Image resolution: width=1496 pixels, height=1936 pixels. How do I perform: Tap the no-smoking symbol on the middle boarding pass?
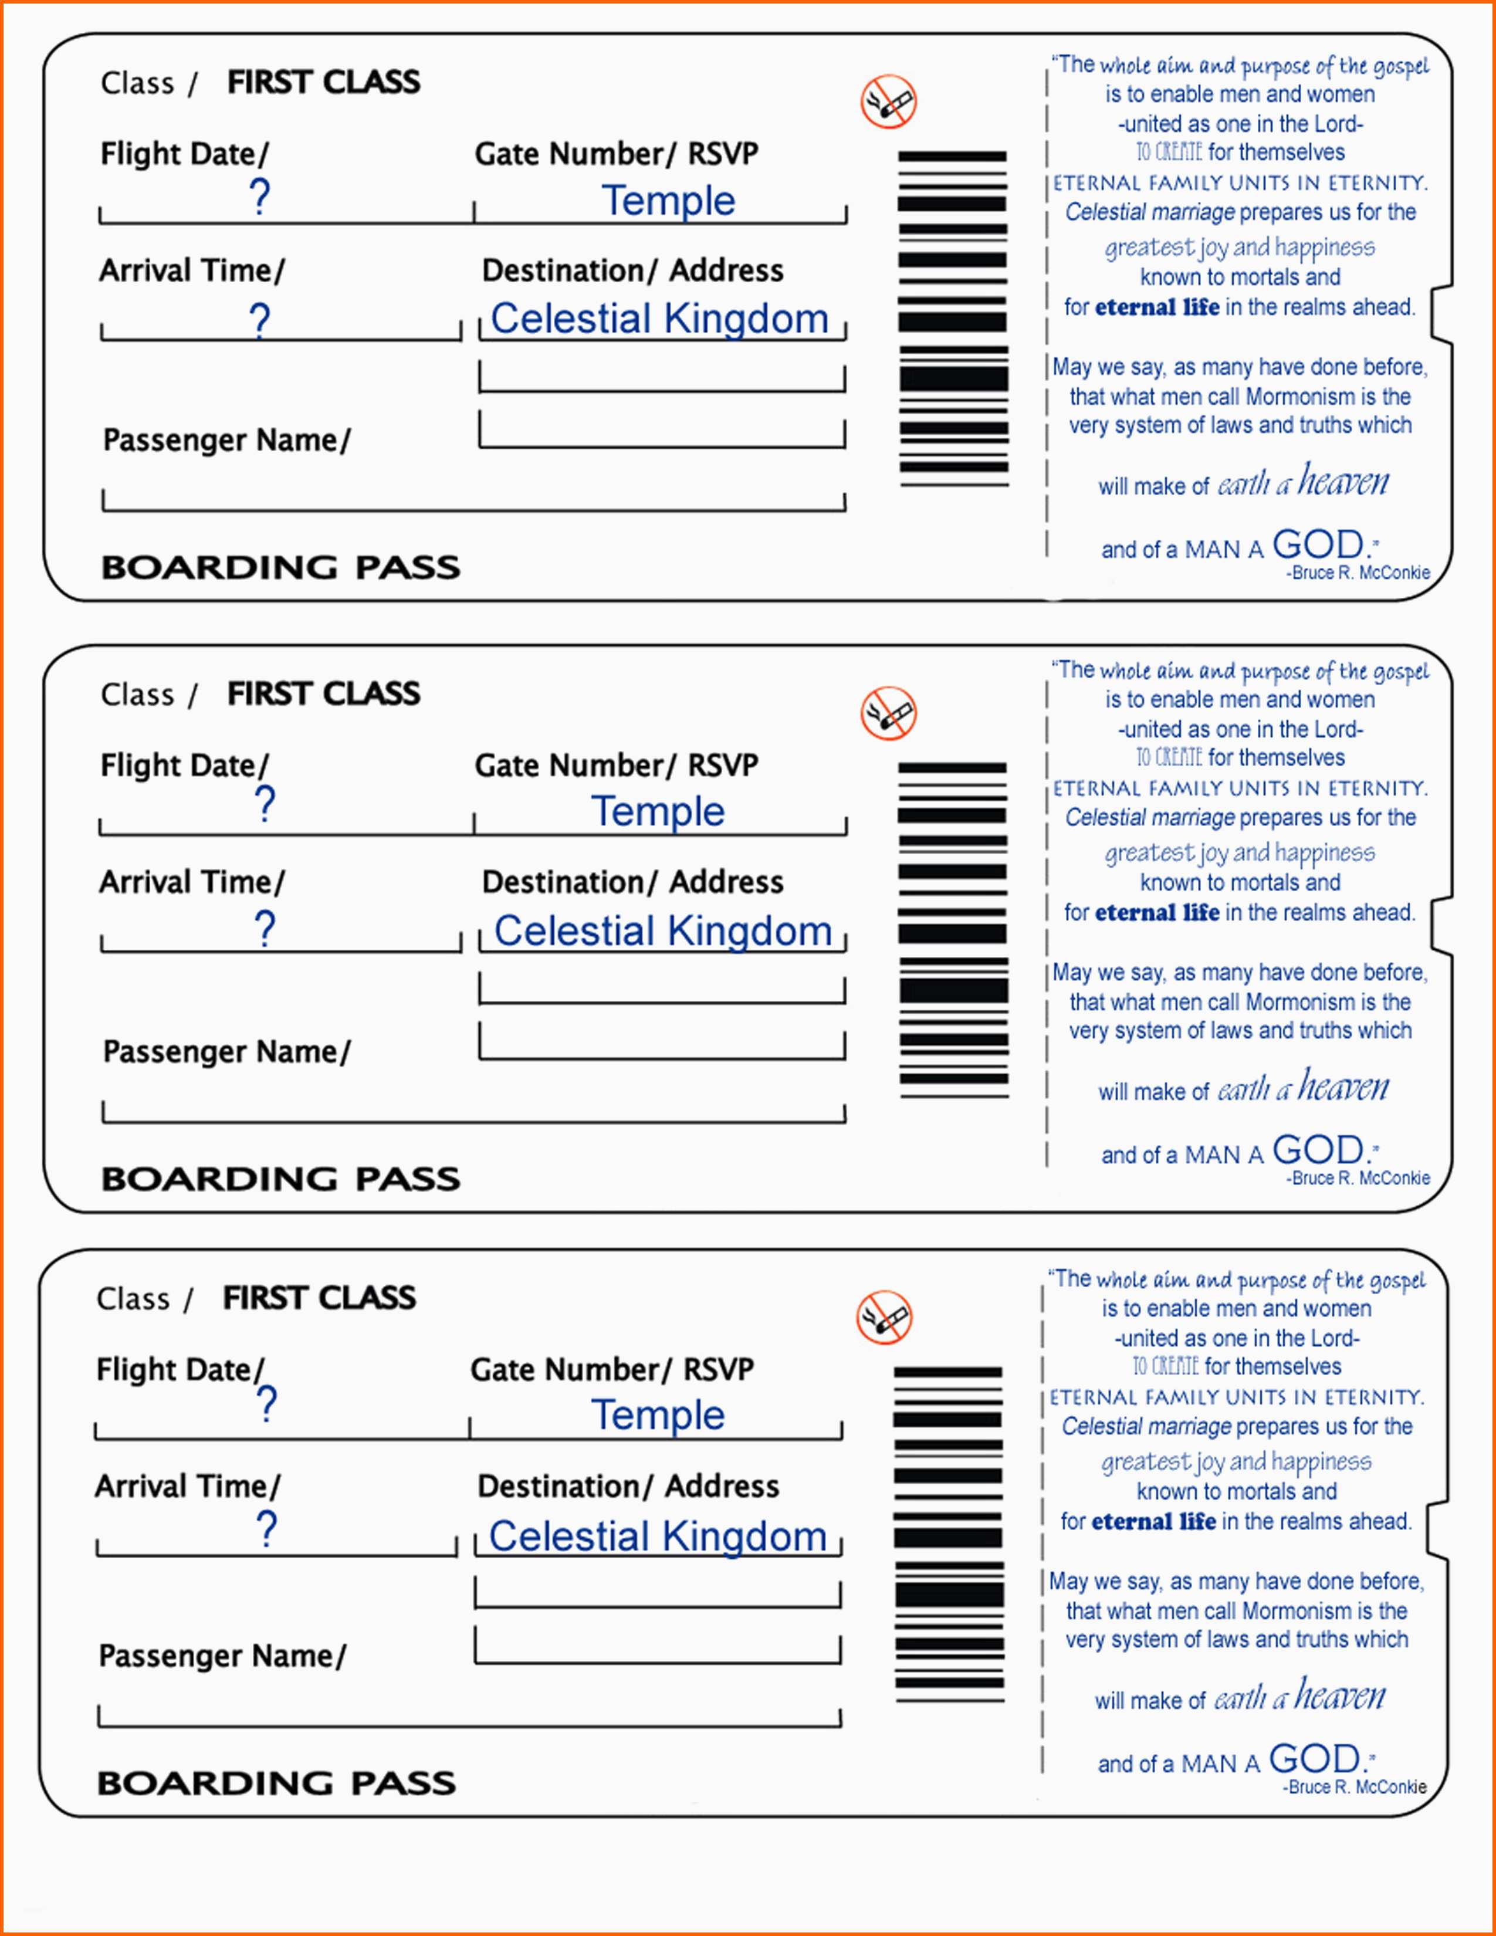click(888, 713)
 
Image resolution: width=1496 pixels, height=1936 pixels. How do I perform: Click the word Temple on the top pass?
click(668, 200)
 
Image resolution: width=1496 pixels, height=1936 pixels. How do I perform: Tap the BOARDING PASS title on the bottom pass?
click(276, 1783)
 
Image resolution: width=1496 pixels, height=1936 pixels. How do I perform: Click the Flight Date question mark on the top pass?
click(259, 197)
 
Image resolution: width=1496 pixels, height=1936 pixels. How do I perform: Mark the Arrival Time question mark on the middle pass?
click(264, 929)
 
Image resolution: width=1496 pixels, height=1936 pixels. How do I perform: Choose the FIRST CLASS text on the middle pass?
click(323, 693)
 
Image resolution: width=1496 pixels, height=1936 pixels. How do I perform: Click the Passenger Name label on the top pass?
click(227, 439)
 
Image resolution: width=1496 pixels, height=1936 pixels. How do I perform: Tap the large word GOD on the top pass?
click(1318, 544)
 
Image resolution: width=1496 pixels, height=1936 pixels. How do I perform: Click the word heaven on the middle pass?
click(1343, 1087)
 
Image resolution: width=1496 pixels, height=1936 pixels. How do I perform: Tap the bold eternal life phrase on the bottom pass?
click(1153, 1521)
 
